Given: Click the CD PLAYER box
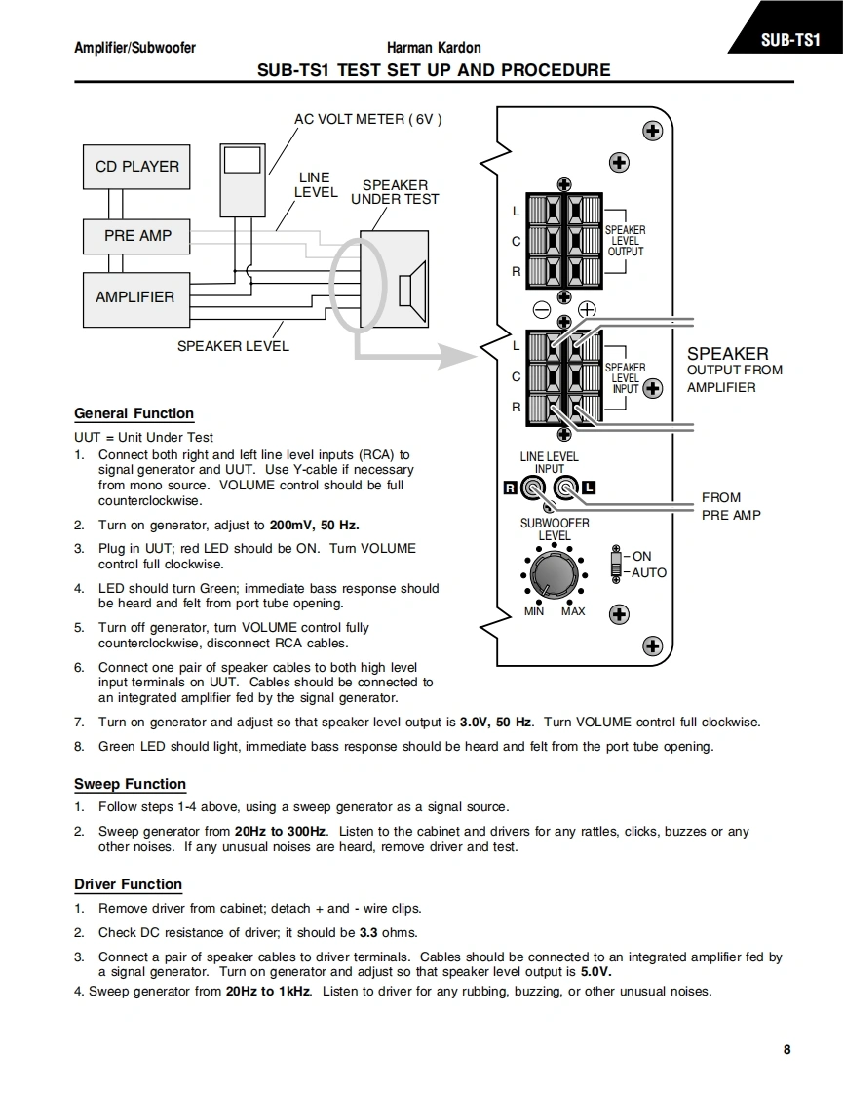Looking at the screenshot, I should click(136, 166).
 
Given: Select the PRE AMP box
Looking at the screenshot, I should click(137, 235).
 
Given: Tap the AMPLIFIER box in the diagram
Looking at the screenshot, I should click(134, 296).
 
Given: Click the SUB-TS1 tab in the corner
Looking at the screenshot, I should click(786, 41).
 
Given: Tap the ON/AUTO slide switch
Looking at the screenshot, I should click(615, 565).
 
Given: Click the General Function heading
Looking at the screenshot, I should click(134, 413).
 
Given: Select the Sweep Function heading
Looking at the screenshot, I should click(130, 784).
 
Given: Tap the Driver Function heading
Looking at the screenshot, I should click(128, 884).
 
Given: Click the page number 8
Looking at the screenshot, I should click(786, 1050).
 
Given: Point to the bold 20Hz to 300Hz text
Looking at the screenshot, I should click(281, 832).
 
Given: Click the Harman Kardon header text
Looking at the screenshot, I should click(434, 48).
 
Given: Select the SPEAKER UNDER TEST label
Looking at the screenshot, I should click(395, 192).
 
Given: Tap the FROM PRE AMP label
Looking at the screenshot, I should click(730, 506).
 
